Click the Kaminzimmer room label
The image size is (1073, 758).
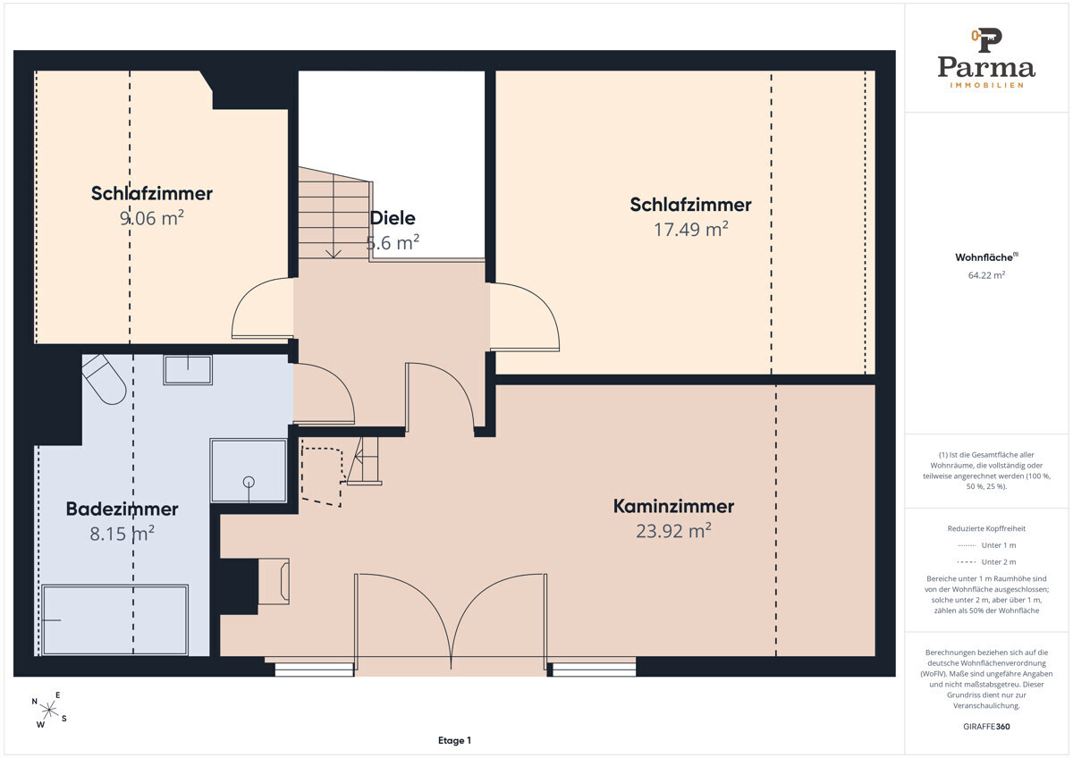673,507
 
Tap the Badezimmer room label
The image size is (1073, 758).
122,509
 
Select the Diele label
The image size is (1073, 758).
393,218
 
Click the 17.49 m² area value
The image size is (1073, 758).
690,230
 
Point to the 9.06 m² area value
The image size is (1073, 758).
151,218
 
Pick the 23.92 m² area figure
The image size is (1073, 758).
673,531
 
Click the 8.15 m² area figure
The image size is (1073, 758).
122,534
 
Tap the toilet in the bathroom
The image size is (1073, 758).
104,379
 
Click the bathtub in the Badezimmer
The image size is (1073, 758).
114,619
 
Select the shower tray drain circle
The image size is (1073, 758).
249,482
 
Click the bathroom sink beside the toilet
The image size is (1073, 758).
188,369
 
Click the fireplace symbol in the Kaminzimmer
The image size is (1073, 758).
274,581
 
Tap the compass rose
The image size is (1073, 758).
49,710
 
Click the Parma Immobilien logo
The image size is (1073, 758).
986,58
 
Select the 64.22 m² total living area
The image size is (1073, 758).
986,275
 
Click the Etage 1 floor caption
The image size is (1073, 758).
454,740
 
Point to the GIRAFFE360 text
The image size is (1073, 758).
986,727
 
